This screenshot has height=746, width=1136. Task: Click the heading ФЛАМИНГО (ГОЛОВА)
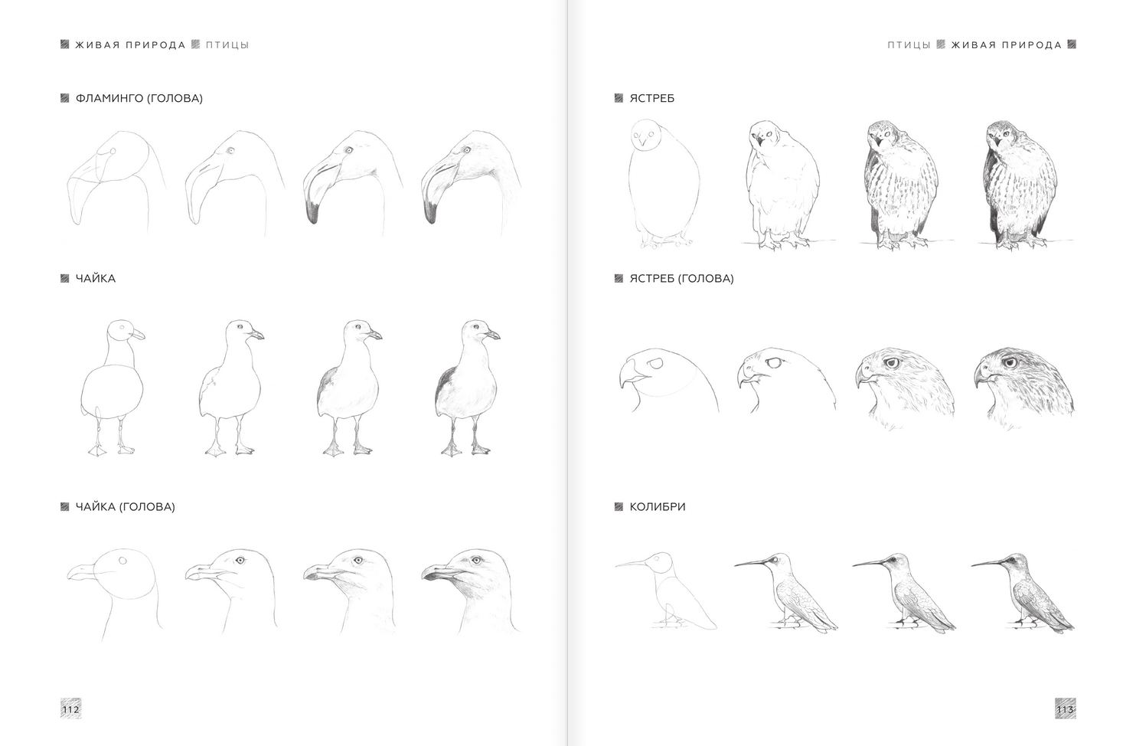pyautogui.click(x=139, y=99)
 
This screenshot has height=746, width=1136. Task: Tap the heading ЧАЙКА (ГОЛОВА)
pyautogui.click(x=126, y=507)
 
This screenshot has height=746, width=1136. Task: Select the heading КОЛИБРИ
pyautogui.click(x=658, y=507)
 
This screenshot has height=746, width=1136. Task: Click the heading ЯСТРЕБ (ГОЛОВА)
pyautogui.click(x=681, y=279)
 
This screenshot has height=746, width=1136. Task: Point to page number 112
pyautogui.click(x=70, y=709)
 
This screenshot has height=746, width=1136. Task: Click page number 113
pyautogui.click(x=1065, y=709)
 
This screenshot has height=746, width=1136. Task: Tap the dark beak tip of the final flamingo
pyautogui.click(x=429, y=212)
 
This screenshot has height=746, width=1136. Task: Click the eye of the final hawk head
pyautogui.click(x=1010, y=362)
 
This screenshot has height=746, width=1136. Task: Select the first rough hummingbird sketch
pyautogui.click(x=666, y=591)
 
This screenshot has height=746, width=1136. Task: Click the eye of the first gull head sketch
pyautogui.click(x=122, y=561)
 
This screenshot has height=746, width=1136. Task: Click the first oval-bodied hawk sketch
pyautogui.click(x=664, y=184)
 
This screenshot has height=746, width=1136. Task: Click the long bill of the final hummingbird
pyautogui.click(x=988, y=562)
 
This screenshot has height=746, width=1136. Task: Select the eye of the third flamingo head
pyautogui.click(x=348, y=150)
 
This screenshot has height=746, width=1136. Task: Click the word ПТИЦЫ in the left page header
pyautogui.click(x=227, y=45)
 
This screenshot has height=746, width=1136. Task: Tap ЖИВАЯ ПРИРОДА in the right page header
pyautogui.click(x=1007, y=45)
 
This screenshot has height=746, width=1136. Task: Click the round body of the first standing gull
pyautogui.click(x=112, y=391)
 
